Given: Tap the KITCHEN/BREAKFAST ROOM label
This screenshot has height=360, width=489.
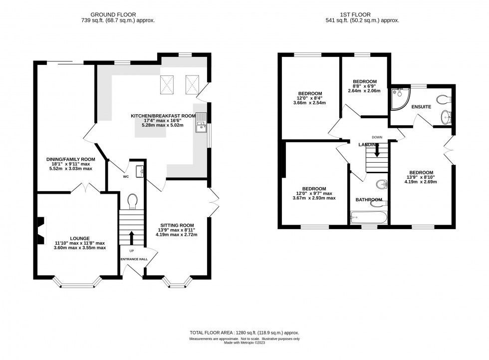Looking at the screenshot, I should tap(163, 116).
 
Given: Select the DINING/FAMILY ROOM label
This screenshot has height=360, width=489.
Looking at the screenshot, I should tap(67, 159).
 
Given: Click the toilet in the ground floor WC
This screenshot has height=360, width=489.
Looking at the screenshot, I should tap(132, 201).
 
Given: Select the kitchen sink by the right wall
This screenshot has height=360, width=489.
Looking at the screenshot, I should tap(201, 123).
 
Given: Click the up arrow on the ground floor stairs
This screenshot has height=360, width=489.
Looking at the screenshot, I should tap(132, 237).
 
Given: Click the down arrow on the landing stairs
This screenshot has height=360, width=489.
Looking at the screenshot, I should tap(377, 150).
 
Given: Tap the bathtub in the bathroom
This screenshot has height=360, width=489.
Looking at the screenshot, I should tap(369, 217).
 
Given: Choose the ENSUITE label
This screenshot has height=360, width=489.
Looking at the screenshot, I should tap(421, 107).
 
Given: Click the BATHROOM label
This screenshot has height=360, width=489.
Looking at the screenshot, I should tap(369, 200).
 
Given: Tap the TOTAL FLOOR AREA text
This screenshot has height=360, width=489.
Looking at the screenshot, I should tap(244, 333).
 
